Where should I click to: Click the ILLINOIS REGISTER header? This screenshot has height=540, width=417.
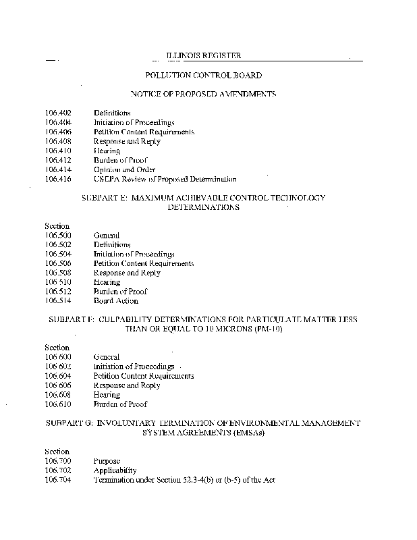point(203,56)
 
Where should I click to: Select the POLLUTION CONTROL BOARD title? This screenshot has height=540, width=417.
point(203,76)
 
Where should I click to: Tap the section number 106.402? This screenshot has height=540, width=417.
point(58,113)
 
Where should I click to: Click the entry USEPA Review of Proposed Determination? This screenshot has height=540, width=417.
point(165,180)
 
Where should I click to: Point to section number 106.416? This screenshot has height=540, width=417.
point(58,180)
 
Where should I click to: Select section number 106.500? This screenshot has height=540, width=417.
point(58,236)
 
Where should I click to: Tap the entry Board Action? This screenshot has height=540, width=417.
point(116,301)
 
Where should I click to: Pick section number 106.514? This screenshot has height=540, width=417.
point(58,301)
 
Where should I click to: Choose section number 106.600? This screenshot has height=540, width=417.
point(58,357)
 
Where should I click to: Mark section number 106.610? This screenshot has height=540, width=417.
point(58,404)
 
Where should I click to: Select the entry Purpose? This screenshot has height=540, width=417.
point(107,461)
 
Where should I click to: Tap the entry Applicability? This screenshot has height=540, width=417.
point(115,470)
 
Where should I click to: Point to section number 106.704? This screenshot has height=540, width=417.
point(58,480)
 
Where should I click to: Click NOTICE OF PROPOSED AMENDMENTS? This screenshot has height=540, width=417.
point(203,94)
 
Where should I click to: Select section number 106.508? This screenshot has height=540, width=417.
point(58,273)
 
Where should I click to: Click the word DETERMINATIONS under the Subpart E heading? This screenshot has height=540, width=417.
point(203,208)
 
